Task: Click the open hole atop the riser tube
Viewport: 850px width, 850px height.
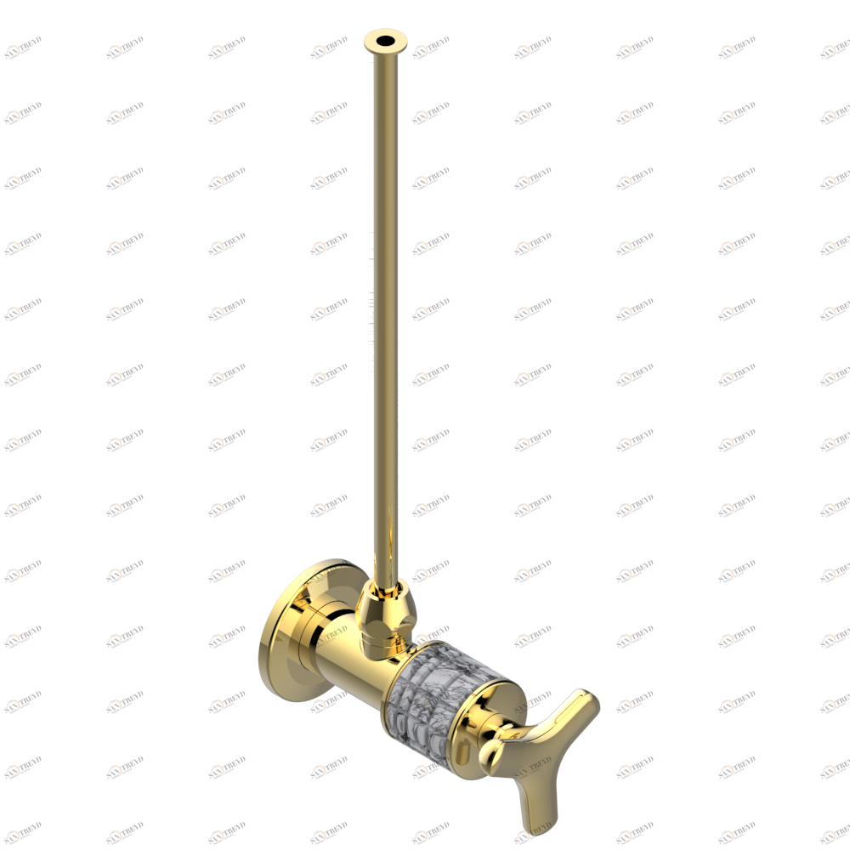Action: pos(387,38)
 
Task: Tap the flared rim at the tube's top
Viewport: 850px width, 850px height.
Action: pos(374,44)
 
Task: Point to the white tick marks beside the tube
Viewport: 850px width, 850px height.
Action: pos(371,306)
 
